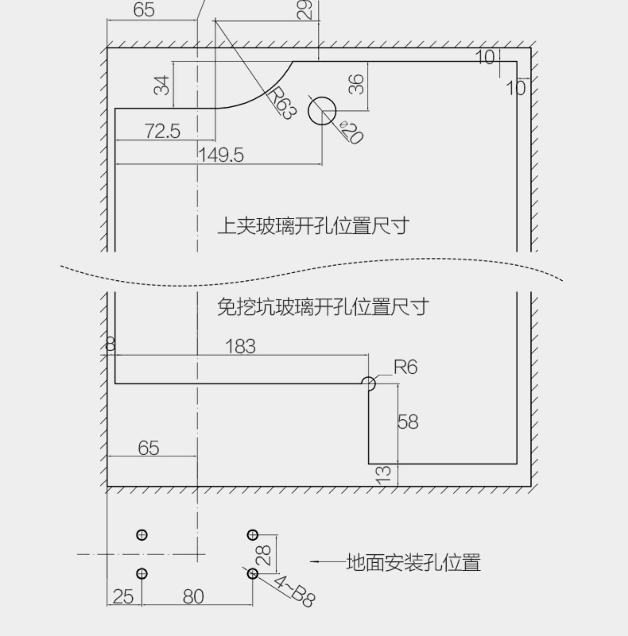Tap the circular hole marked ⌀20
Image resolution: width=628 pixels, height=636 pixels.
pos(322,111)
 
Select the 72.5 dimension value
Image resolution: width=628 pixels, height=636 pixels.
pos(162,131)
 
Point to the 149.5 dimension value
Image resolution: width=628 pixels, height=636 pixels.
pos(221,155)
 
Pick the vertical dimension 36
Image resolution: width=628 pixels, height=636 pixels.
pos(356,84)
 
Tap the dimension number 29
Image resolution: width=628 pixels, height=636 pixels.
pos(305,9)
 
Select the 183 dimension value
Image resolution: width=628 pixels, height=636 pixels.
pos(240,346)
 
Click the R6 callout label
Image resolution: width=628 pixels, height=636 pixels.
pos(405,367)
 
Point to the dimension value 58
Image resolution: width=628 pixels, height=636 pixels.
pos(408,422)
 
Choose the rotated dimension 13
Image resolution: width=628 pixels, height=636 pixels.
pos(383,475)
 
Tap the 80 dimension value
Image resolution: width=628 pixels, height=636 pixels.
pos(193,597)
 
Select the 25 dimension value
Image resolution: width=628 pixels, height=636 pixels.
pos(123,597)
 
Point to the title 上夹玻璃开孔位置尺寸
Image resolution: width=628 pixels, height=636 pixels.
pos(313,226)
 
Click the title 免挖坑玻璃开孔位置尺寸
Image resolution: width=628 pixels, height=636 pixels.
pos(323,307)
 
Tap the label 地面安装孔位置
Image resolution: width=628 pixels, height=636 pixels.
pos(413,562)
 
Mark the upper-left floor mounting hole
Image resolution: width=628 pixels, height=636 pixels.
pos(142,535)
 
